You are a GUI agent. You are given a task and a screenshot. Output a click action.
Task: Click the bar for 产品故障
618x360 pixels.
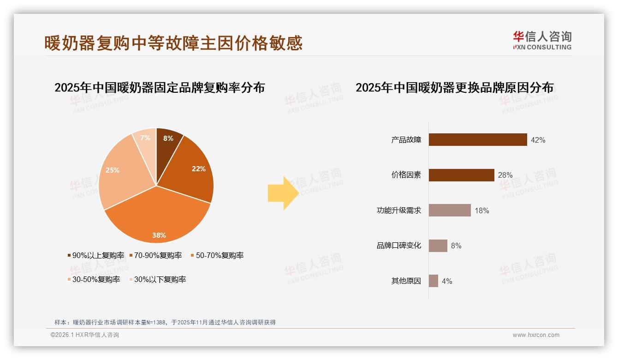tap(478, 140)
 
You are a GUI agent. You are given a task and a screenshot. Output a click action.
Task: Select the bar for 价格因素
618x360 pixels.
tap(461, 175)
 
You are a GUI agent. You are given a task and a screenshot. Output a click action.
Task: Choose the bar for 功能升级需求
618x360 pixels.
tap(450, 210)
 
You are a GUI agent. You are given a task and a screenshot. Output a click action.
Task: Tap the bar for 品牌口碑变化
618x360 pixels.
tap(438, 246)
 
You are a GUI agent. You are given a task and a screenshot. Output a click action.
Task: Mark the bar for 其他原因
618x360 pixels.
tap(434, 281)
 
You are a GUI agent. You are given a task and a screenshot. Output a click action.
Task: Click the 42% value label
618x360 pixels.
tap(538, 140)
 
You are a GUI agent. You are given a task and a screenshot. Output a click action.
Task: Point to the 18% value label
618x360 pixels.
tap(481, 210)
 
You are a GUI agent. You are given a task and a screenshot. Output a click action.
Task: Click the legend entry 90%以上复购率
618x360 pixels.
tap(96, 255)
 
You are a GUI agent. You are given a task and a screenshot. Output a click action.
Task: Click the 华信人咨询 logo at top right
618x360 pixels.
tap(542, 40)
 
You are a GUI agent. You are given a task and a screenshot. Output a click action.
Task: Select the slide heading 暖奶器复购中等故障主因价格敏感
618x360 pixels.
tap(173, 43)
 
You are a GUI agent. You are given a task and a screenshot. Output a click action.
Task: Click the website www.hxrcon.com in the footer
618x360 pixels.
tap(536, 335)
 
